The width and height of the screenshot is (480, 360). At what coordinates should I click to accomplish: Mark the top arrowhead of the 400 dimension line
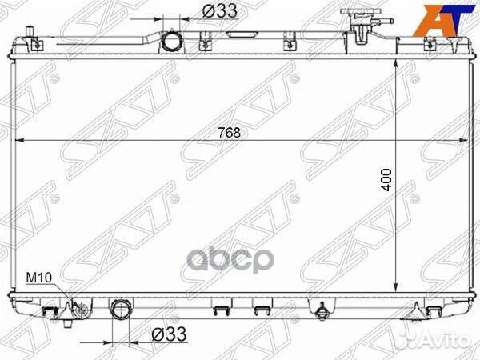396,63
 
